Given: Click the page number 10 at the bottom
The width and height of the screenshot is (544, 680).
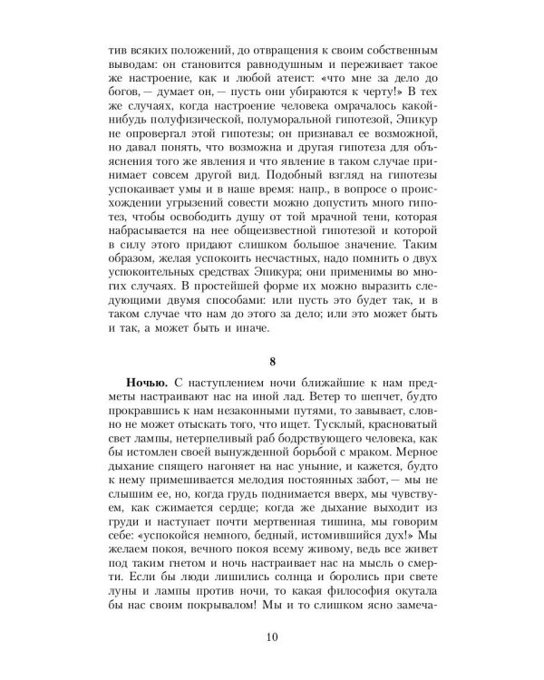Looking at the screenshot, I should point(272,635).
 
